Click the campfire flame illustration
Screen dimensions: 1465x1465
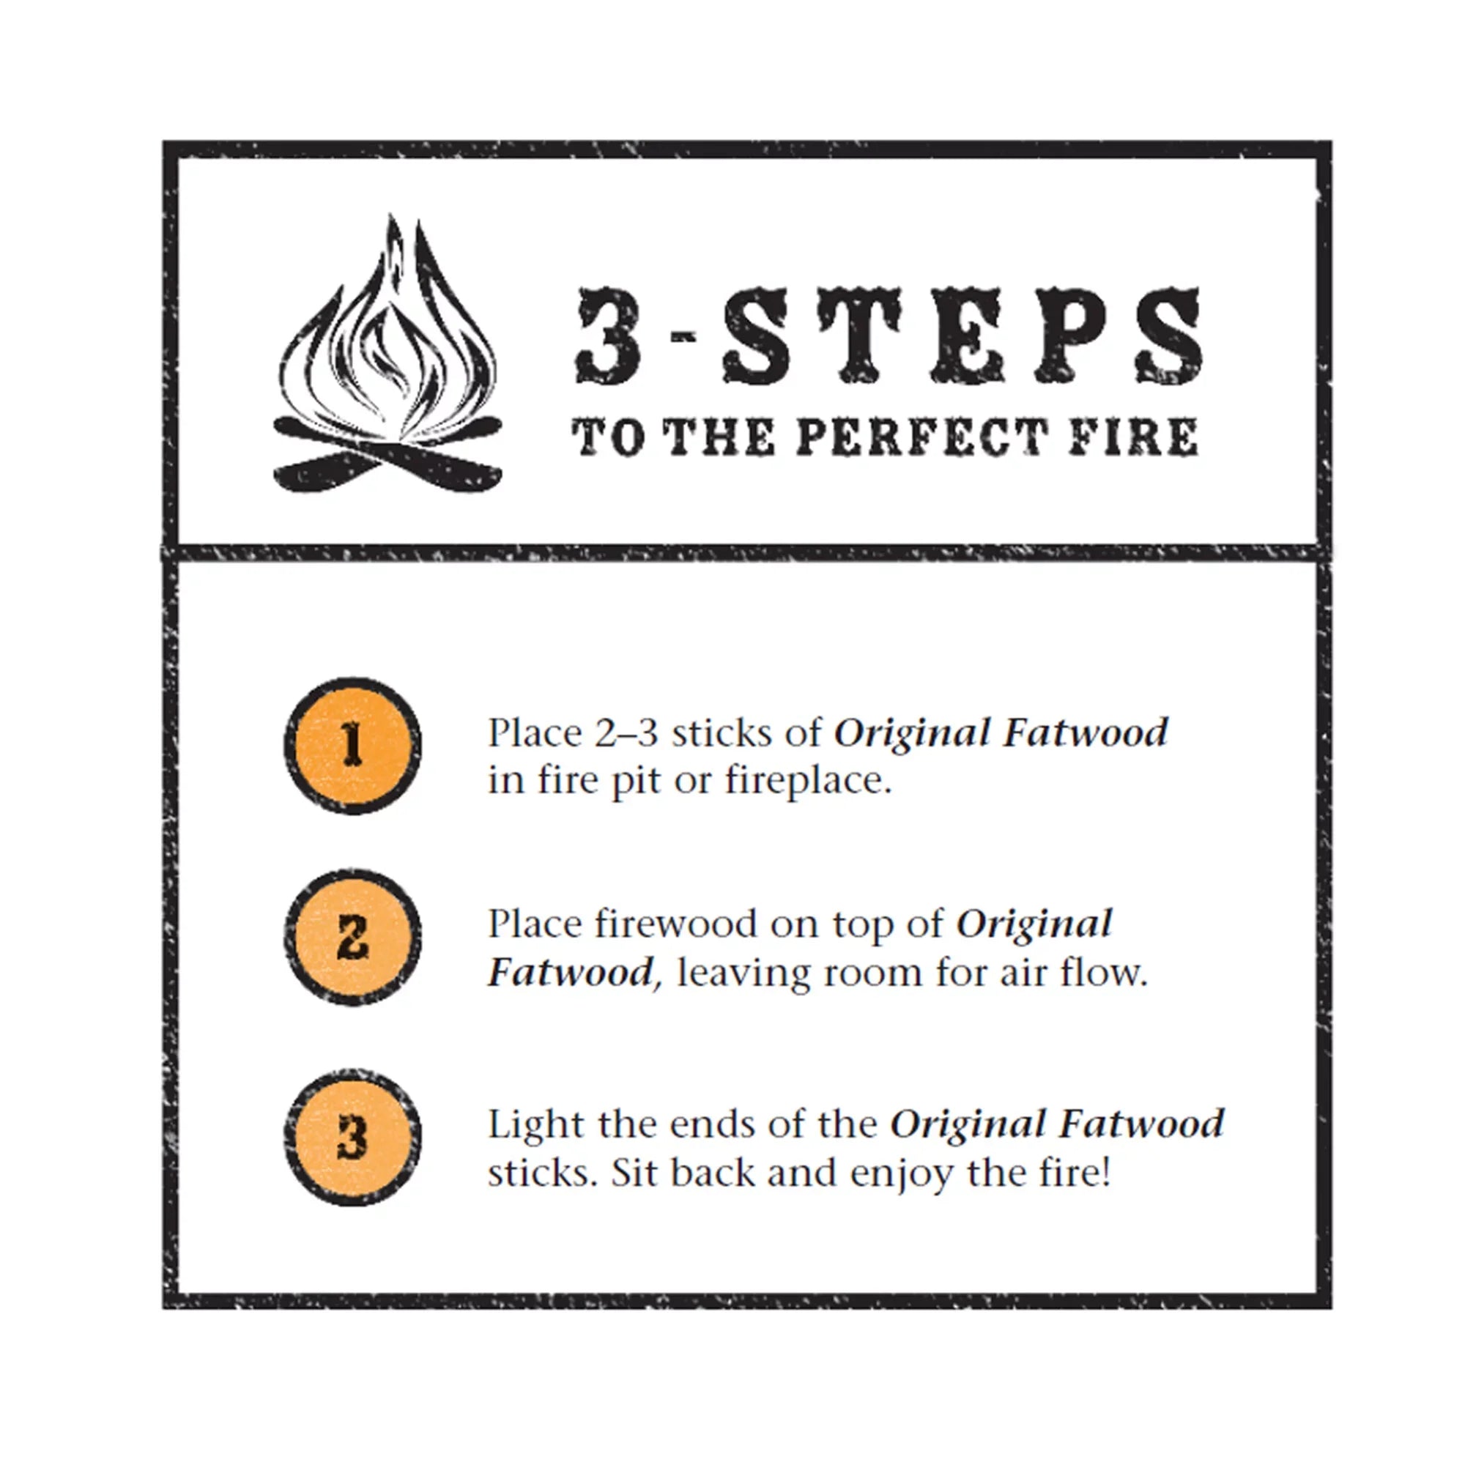[x=387, y=333]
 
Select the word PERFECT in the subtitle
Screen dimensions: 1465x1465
[x=921, y=437]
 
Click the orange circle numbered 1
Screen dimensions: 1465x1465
[x=352, y=746]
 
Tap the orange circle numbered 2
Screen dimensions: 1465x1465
[x=352, y=938]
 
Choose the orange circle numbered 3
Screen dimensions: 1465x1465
[x=352, y=1138]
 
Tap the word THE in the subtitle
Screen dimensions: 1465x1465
[x=719, y=437]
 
